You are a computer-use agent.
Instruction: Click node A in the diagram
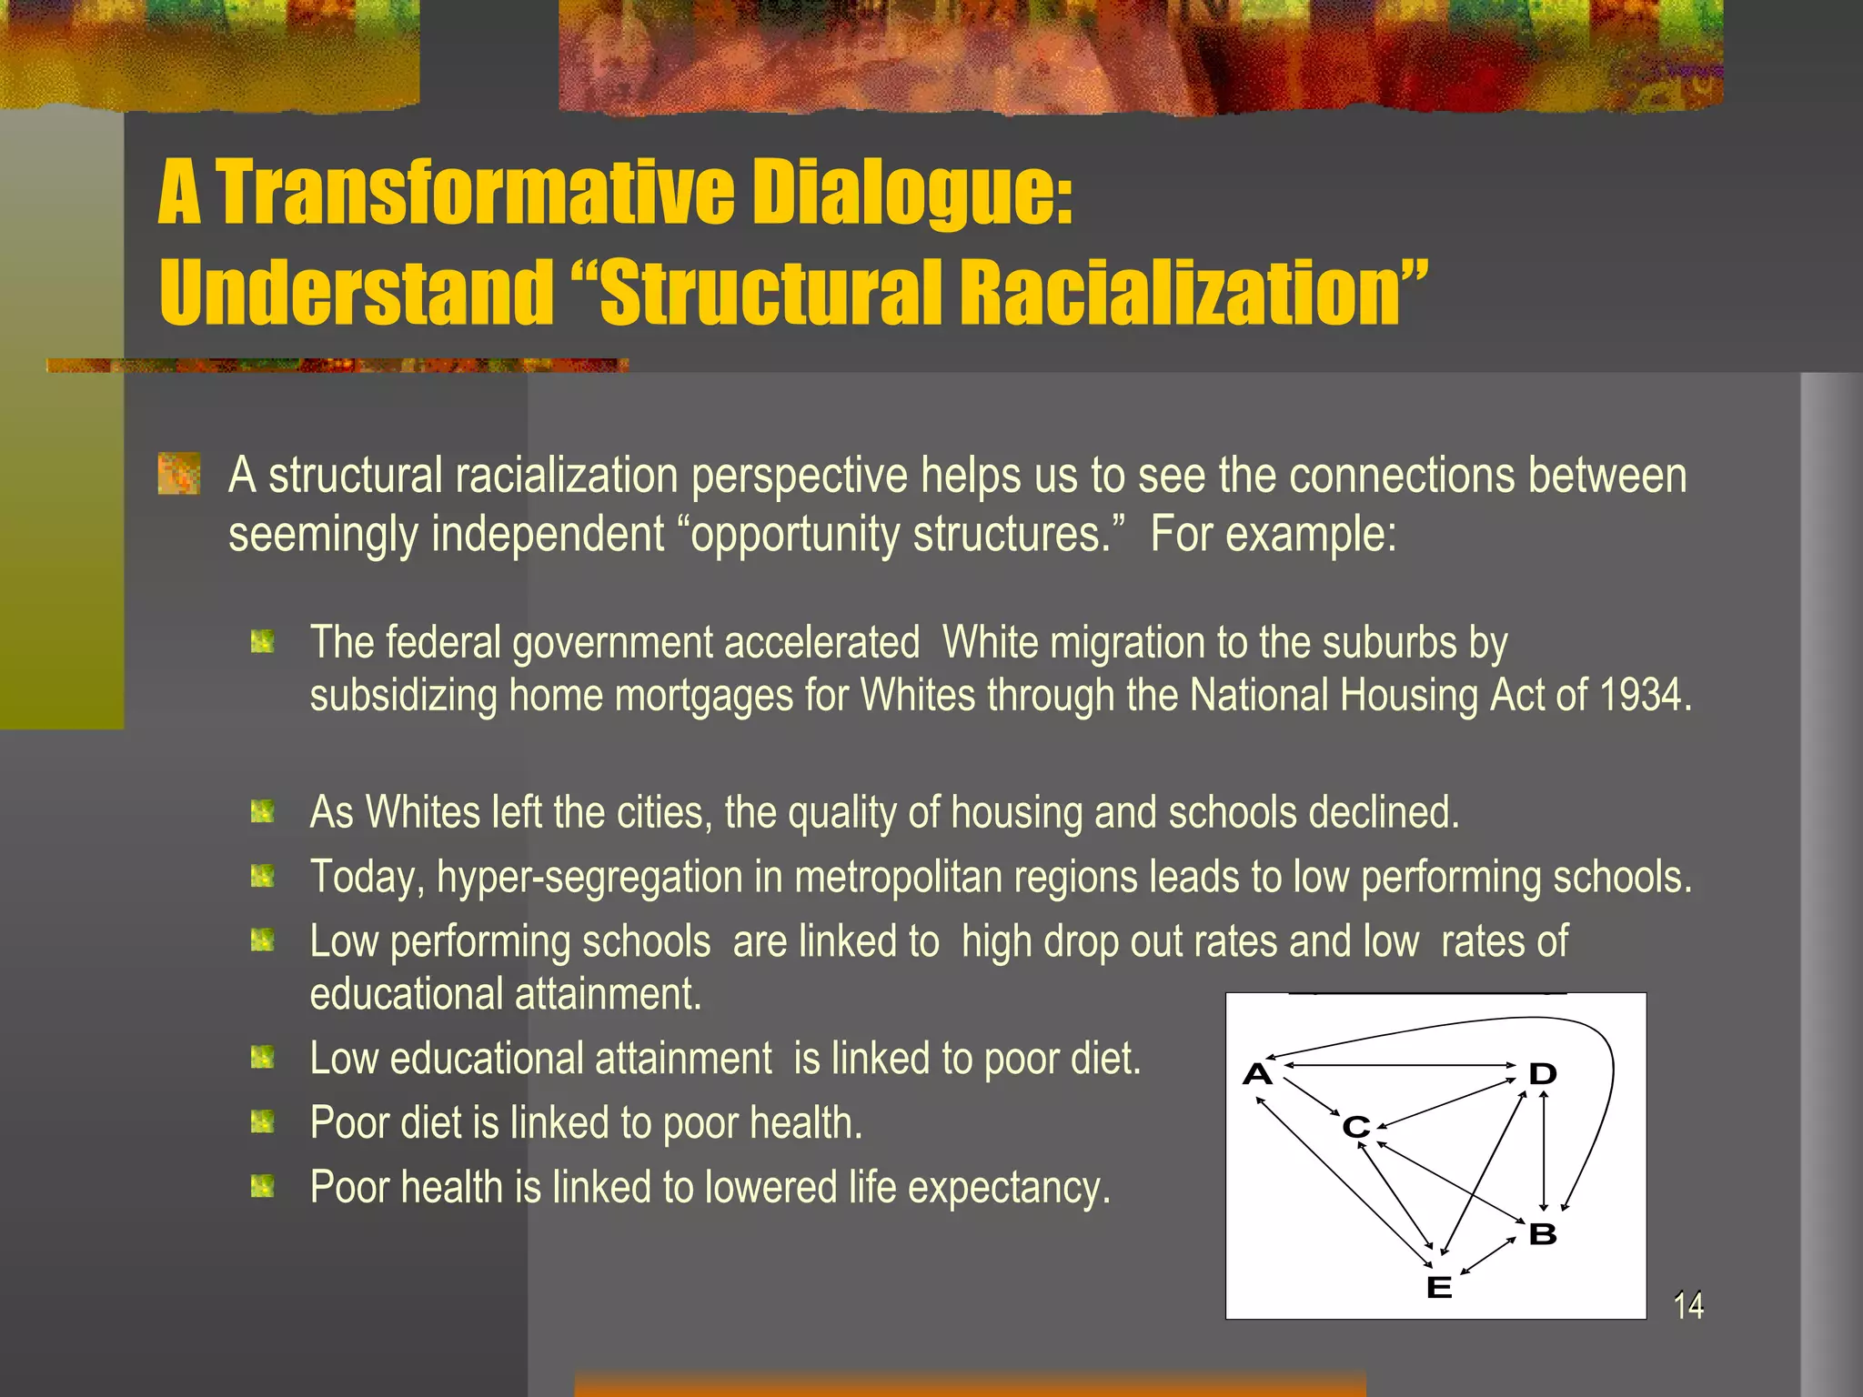pos(1257,1074)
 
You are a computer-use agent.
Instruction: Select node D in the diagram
pos(1543,1074)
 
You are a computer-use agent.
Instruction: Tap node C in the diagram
pos(1356,1127)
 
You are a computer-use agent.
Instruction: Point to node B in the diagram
pos(1543,1234)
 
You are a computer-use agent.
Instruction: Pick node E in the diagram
pos(1439,1287)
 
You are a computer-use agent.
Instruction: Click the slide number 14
pos(1688,1305)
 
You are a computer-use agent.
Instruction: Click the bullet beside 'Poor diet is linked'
pos(263,1122)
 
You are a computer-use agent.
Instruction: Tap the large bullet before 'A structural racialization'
pos(179,474)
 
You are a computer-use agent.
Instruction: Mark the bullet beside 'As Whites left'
pos(263,810)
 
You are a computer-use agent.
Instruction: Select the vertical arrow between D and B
pos(1544,1151)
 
